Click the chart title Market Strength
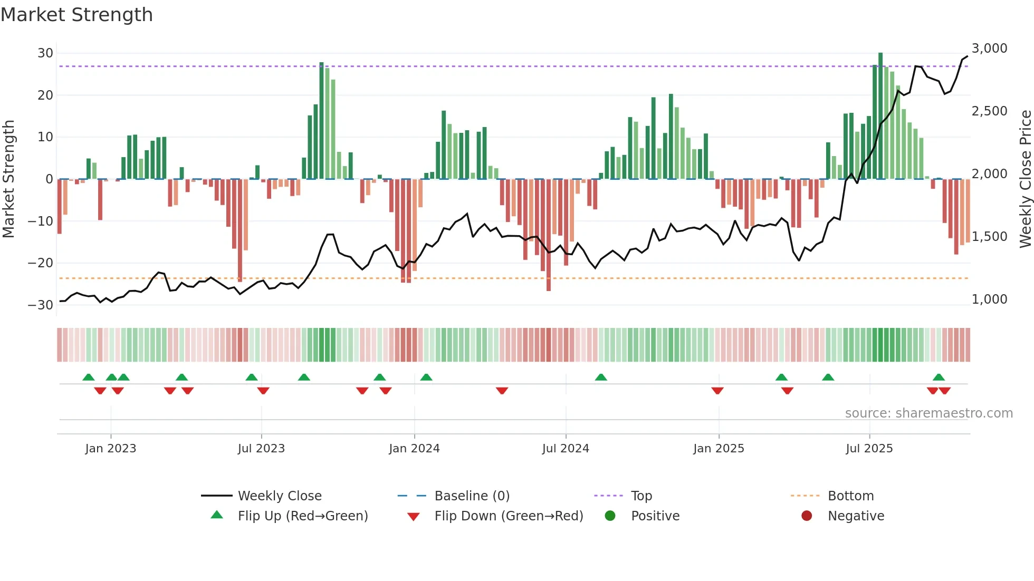(x=76, y=15)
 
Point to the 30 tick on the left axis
(x=45, y=53)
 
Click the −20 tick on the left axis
(x=41, y=263)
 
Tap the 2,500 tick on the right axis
(x=989, y=111)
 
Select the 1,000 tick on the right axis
(x=989, y=299)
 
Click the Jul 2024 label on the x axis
(x=566, y=449)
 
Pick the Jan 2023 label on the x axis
(x=111, y=449)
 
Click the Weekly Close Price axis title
(x=1025, y=179)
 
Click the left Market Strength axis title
(x=9, y=179)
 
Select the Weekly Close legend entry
(x=280, y=496)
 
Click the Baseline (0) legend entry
(x=472, y=496)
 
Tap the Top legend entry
(x=642, y=496)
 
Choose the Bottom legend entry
(x=850, y=496)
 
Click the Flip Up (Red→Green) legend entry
(x=302, y=516)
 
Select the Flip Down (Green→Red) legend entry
(x=509, y=516)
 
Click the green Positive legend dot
(x=610, y=516)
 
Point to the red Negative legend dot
(x=807, y=516)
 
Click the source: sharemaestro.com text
(x=928, y=413)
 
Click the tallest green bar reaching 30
(x=880, y=116)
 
